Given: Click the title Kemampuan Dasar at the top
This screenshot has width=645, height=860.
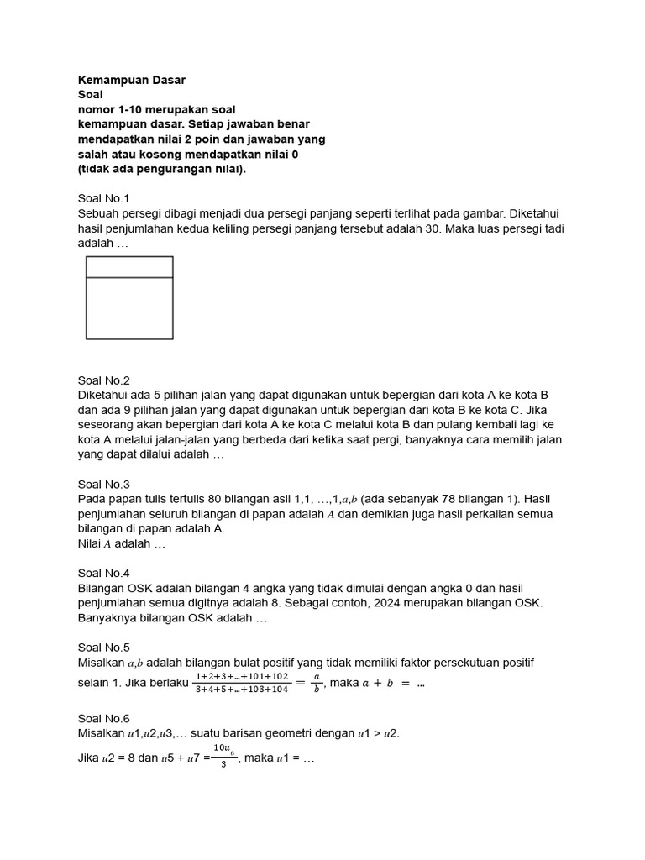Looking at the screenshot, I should (x=131, y=80).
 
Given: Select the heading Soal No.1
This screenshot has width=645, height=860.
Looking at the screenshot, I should (x=104, y=198).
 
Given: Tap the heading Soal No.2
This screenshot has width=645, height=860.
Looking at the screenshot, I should (x=104, y=380).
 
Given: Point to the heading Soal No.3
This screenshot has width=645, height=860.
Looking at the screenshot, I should (x=104, y=484).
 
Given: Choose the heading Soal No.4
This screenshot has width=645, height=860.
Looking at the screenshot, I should (x=104, y=573).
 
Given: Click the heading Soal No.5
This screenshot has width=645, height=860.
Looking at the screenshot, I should (x=104, y=647).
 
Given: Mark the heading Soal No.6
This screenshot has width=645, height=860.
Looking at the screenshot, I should (x=104, y=718).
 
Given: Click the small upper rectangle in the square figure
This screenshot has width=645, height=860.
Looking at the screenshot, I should (x=129, y=267).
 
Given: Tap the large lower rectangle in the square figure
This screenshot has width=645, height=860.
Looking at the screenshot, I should (x=129, y=308).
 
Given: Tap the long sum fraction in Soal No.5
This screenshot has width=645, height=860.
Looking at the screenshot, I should (x=241, y=682).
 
